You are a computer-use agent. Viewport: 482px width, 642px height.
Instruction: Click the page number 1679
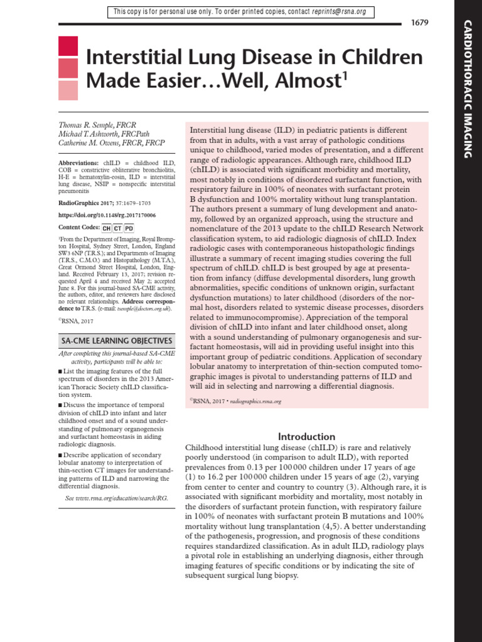[419, 23]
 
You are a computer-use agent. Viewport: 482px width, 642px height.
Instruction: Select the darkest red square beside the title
[68, 46]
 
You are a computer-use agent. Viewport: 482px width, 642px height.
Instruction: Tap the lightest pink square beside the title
[68, 91]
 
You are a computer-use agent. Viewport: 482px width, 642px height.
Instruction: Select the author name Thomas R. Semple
[97, 125]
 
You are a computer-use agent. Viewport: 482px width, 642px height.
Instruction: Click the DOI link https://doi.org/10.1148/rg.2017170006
[107, 215]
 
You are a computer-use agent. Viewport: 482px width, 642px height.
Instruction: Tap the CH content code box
[107, 228]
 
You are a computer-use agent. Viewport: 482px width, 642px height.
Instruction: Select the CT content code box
[118, 228]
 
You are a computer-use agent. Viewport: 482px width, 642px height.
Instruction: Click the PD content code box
[129, 228]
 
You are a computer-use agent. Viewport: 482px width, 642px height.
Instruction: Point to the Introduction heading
[307, 436]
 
